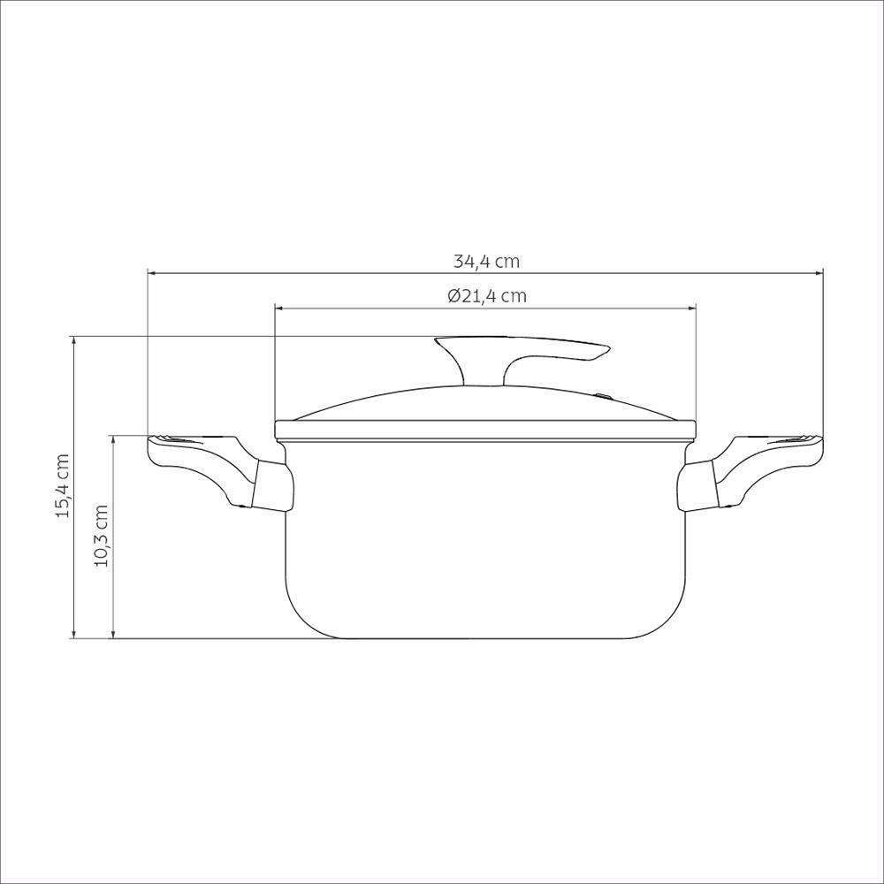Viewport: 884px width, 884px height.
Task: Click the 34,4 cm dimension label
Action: [486, 262]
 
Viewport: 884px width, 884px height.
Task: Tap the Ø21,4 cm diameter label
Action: [486, 296]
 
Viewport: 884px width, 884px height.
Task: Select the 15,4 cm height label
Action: [63, 486]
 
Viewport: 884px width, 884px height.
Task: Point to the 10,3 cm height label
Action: [102, 537]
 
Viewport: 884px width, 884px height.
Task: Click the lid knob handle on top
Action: [522, 354]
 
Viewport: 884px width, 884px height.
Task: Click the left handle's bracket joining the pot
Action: [271, 485]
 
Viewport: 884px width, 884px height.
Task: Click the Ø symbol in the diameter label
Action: [453, 296]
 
